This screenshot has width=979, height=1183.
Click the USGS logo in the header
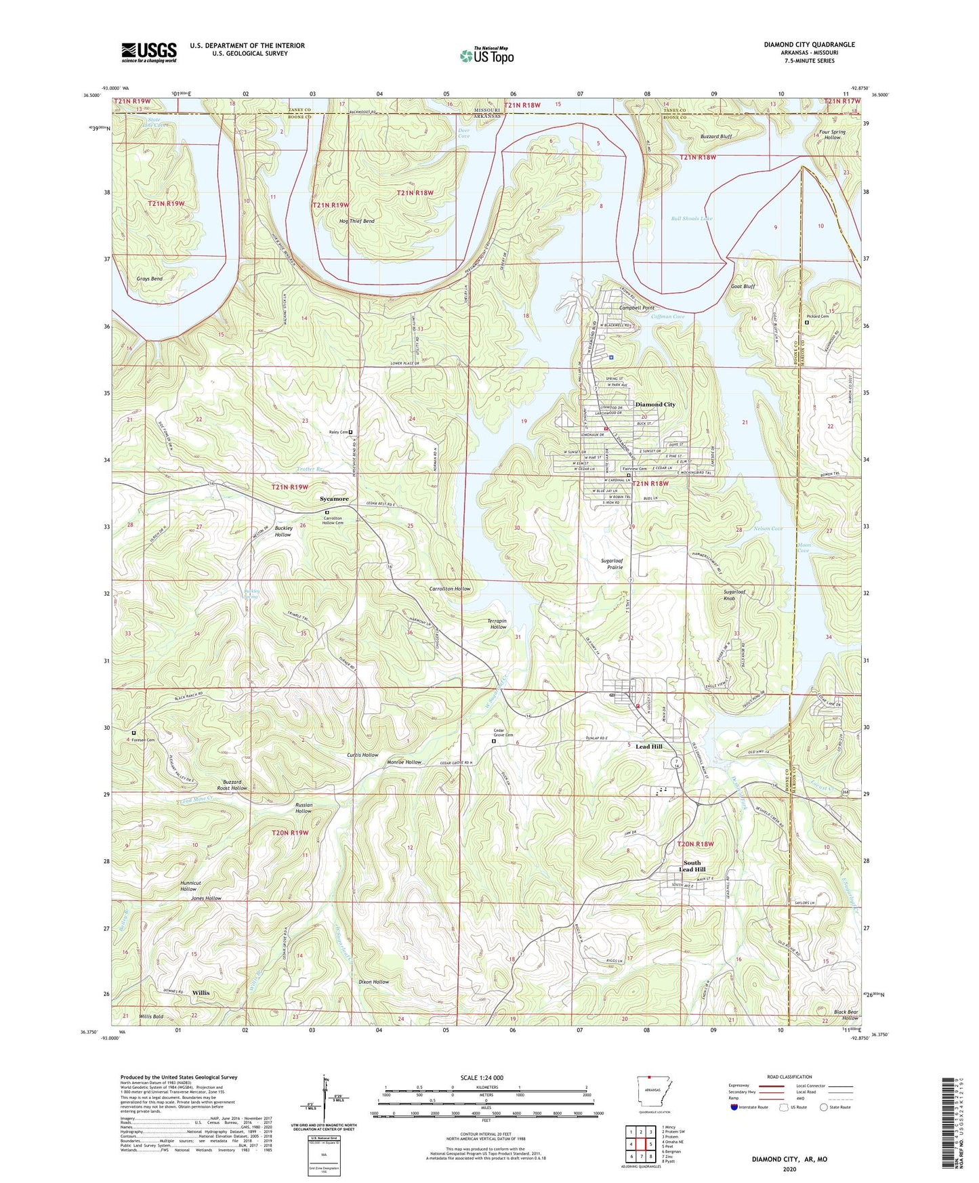(x=149, y=52)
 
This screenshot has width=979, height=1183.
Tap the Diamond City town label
(x=654, y=404)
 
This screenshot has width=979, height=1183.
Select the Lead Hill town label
(x=648, y=746)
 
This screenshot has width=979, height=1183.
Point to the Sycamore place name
(x=334, y=499)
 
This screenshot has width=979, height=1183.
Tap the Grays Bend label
(x=149, y=279)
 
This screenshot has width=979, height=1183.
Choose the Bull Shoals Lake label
(x=691, y=219)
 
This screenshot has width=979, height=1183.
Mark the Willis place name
(x=201, y=993)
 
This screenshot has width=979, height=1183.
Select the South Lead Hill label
(x=692, y=867)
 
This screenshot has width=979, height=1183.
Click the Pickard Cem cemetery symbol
(x=806, y=323)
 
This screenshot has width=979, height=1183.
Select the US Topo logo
(x=486, y=56)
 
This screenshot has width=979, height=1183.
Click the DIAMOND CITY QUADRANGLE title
(x=809, y=45)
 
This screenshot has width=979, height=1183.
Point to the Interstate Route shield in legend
(x=735, y=1108)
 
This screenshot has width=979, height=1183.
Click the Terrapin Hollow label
(x=498, y=623)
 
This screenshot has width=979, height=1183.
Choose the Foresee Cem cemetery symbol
(x=133, y=733)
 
